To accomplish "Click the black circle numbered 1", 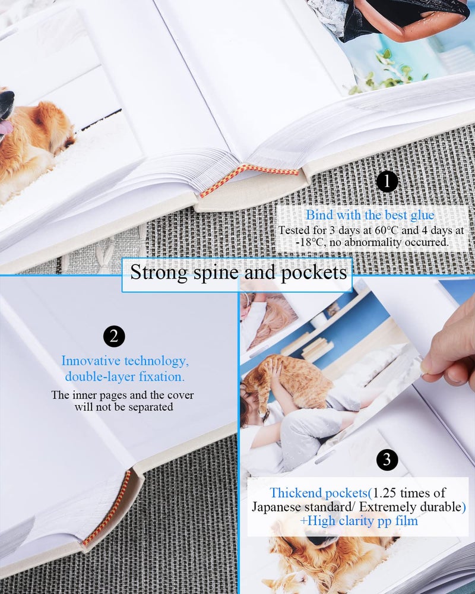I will click(x=387, y=182).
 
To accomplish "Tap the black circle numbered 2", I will click(x=114, y=337).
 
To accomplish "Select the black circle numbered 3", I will click(x=387, y=459).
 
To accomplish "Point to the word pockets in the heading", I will click(x=319, y=273).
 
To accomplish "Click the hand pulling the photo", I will click(x=451, y=350).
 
